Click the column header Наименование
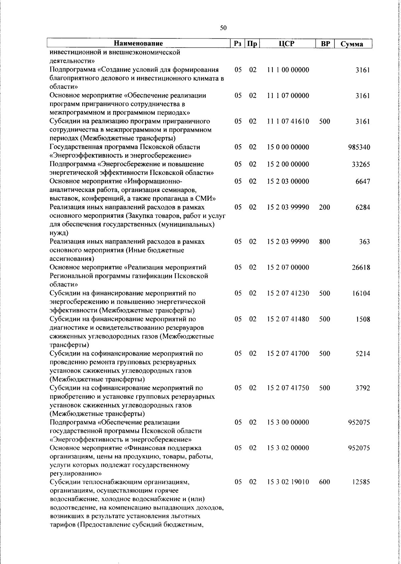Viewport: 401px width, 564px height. [x=138, y=43]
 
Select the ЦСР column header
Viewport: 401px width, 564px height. [x=288, y=43]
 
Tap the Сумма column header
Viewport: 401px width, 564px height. [x=352, y=44]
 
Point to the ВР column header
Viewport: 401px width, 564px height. [x=325, y=44]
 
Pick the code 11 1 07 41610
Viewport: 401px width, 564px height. [x=288, y=121]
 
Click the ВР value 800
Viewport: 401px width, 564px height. [x=324, y=242]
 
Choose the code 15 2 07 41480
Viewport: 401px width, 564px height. [x=288, y=319]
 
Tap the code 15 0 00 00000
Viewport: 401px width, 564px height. [x=288, y=147]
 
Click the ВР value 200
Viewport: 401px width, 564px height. [x=324, y=207]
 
